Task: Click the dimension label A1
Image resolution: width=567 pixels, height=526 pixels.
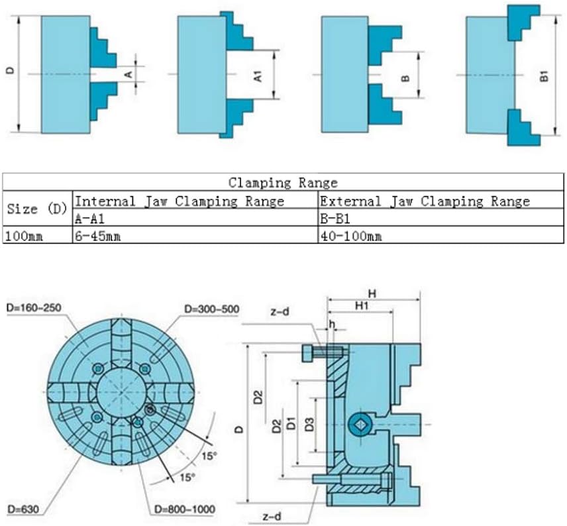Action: [x=258, y=74]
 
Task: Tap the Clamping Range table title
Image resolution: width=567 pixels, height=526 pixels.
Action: [x=283, y=182]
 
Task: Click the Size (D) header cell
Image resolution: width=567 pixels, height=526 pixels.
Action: [x=37, y=209]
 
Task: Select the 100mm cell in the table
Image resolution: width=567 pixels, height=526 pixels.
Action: [x=24, y=235]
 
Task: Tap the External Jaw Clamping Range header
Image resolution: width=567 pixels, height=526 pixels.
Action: [x=424, y=201]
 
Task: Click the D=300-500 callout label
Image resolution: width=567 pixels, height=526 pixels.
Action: [x=211, y=309]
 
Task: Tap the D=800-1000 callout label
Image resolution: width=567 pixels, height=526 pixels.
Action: [x=185, y=509]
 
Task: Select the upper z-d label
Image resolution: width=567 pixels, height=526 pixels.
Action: [x=280, y=311]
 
